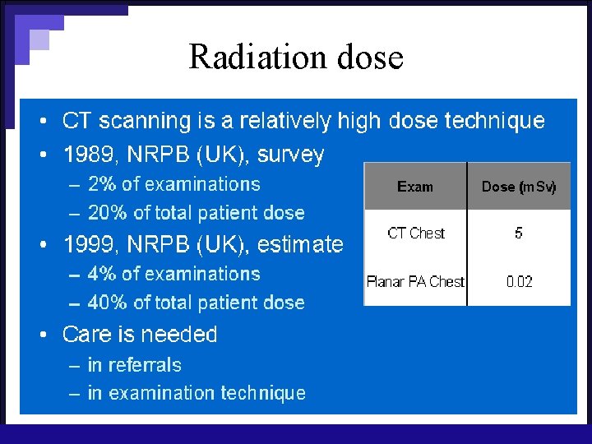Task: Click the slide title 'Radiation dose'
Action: coord(296,57)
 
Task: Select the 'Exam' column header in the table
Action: coord(414,187)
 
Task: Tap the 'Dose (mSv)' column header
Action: coord(519,187)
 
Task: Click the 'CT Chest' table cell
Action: coord(415,234)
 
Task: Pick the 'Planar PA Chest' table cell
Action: coord(415,281)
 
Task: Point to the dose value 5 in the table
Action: coord(518,234)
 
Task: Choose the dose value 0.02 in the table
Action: coord(519,281)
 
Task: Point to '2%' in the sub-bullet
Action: coord(102,184)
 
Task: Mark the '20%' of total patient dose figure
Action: coord(107,213)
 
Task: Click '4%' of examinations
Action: coord(102,274)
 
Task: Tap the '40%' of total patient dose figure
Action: coord(107,303)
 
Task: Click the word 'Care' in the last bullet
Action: coord(86,335)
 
